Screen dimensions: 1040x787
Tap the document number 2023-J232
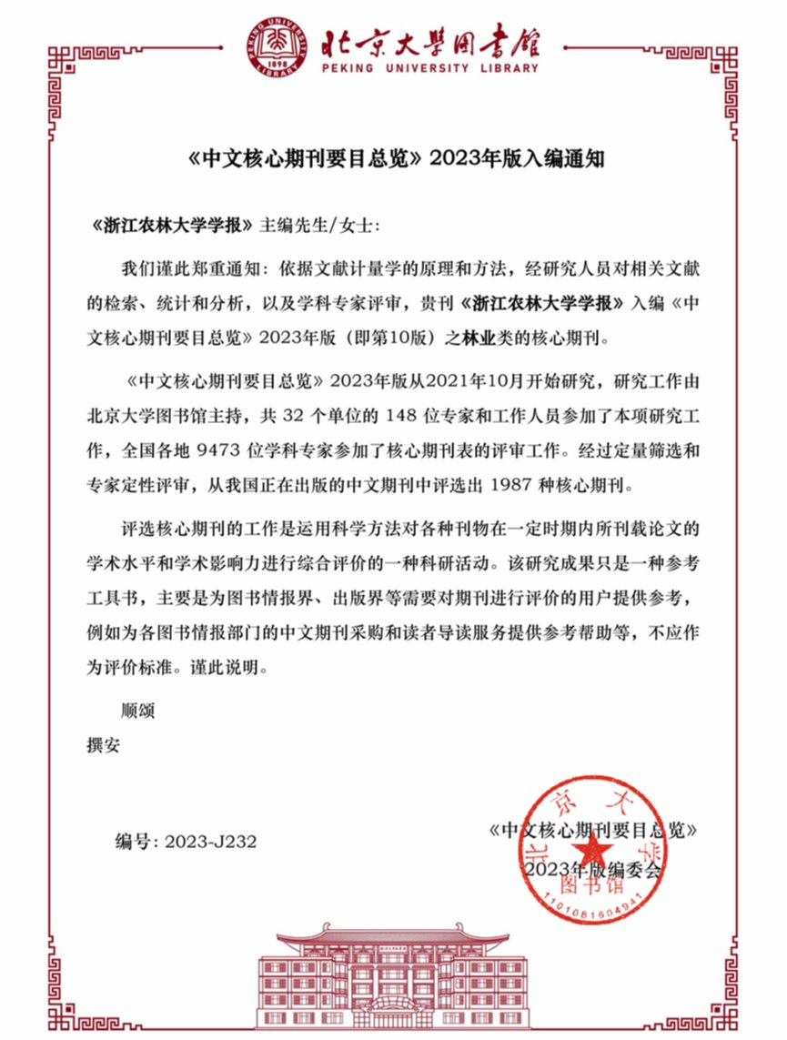pos(211,842)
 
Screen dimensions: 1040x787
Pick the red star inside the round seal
pos(593,853)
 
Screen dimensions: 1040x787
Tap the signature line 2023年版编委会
pos(592,868)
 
